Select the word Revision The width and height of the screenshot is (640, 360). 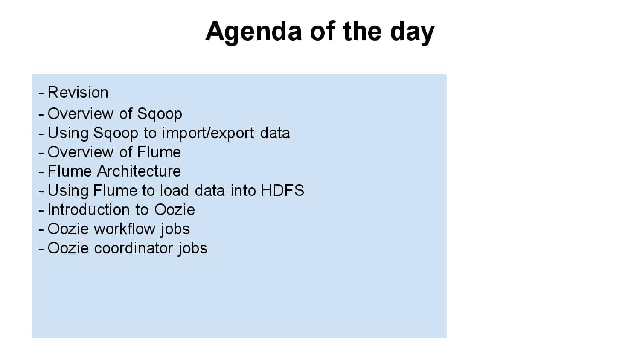(x=78, y=93)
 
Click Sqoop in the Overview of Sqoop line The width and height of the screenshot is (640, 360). (x=160, y=114)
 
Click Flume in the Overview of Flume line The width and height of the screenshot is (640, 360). (x=159, y=152)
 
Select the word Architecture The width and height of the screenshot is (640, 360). (x=139, y=171)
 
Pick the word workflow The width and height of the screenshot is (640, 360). (x=125, y=229)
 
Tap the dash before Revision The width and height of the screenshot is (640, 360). (x=41, y=93)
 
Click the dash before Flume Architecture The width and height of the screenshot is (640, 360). (x=41, y=172)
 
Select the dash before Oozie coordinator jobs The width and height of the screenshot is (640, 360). (x=41, y=249)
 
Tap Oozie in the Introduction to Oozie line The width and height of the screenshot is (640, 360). (x=175, y=210)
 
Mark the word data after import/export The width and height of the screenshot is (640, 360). (x=275, y=133)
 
